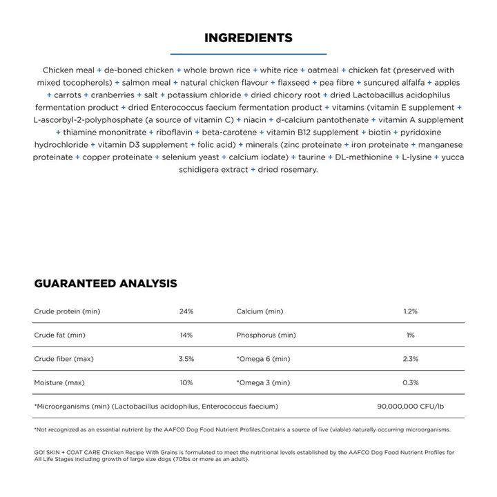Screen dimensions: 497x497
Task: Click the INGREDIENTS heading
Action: (x=248, y=37)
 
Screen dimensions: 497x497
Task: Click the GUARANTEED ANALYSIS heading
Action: (x=106, y=284)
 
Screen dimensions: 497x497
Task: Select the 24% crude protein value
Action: (x=186, y=311)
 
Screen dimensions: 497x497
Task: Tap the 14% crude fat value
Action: (x=186, y=335)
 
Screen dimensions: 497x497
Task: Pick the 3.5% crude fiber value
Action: (x=186, y=359)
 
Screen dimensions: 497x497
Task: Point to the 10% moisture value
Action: (x=186, y=382)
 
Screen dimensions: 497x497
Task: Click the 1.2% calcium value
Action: (x=411, y=311)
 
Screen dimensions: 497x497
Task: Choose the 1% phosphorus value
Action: (x=411, y=335)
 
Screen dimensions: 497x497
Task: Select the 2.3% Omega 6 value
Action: (x=411, y=359)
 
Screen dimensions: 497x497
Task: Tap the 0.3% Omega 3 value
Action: (x=411, y=382)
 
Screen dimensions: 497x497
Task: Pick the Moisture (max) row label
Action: (x=59, y=382)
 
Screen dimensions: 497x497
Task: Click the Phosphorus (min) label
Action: (x=266, y=335)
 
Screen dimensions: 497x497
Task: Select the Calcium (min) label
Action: (x=260, y=311)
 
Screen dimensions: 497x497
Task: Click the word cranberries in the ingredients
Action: (x=115, y=95)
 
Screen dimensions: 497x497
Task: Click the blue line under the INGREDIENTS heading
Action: (x=248, y=53)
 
